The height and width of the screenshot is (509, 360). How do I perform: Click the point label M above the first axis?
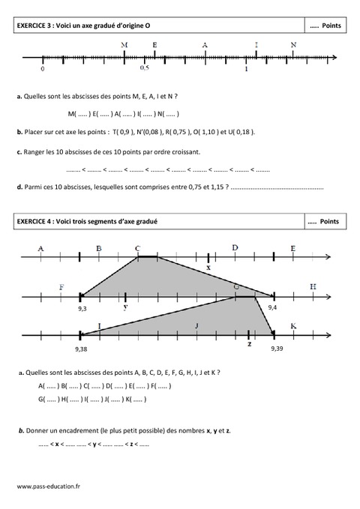pos(124,45)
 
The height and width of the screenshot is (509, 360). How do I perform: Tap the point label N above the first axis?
pos(293,45)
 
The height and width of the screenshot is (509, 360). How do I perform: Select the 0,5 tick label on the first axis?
pos(144,68)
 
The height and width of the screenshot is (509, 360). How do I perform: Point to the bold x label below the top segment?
pos(208,268)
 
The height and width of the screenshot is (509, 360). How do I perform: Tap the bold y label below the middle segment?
pos(125,307)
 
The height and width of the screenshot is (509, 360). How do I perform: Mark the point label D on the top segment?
pos(235,247)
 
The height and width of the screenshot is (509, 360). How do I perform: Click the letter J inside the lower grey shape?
pos(196,326)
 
